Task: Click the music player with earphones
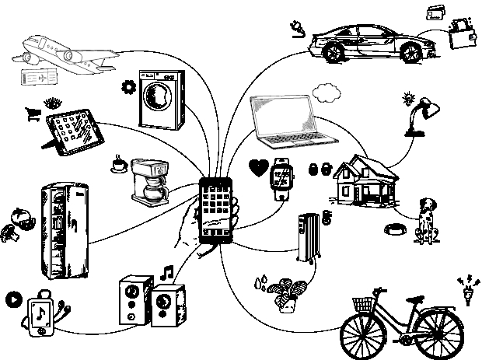pyautogui.click(x=42, y=315)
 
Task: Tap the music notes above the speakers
pyautogui.click(x=166, y=273)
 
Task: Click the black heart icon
pyautogui.click(x=258, y=167)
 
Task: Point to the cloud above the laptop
pyautogui.click(x=324, y=92)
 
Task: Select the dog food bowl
pyautogui.click(x=395, y=230)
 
